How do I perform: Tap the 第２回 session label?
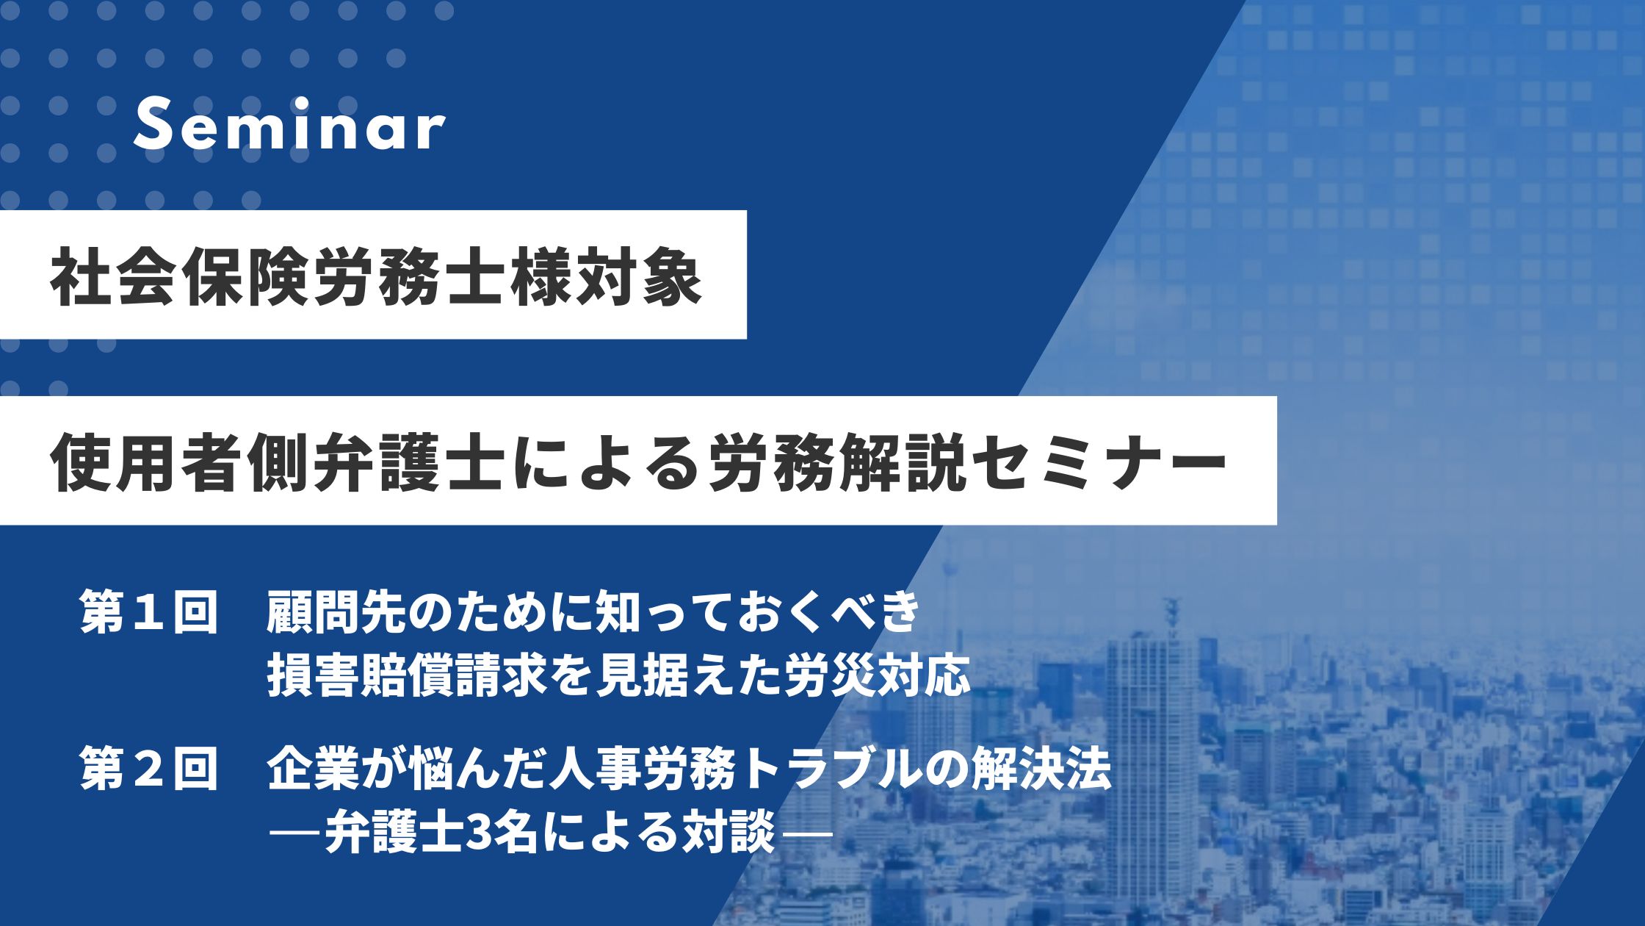(x=150, y=769)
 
